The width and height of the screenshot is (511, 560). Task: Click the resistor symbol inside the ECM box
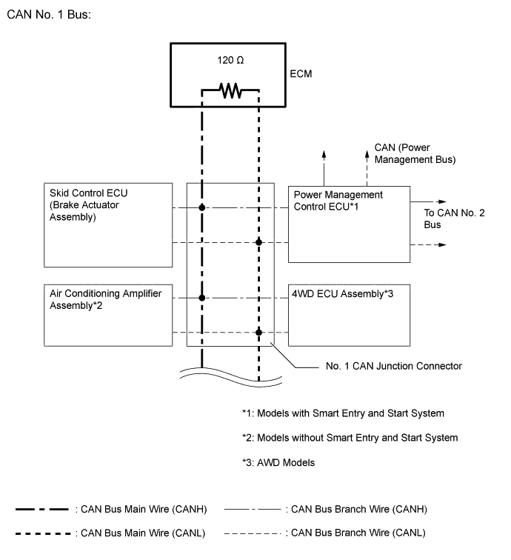(230, 91)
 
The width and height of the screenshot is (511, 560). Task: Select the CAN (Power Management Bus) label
(415, 153)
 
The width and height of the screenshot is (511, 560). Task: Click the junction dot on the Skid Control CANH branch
(201, 209)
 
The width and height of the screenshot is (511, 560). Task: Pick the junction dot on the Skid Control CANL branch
(258, 242)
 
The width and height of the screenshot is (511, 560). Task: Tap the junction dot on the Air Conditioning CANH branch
(201, 298)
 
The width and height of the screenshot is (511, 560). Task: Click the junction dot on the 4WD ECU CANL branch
(258, 332)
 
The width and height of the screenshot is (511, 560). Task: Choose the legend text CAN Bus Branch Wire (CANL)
(359, 532)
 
